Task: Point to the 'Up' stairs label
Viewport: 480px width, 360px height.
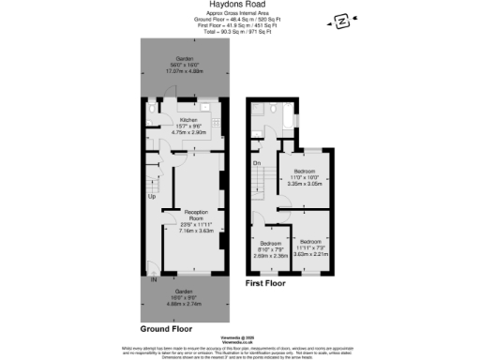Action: [x=151, y=196]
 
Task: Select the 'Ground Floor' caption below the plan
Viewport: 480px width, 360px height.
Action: [x=168, y=329]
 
